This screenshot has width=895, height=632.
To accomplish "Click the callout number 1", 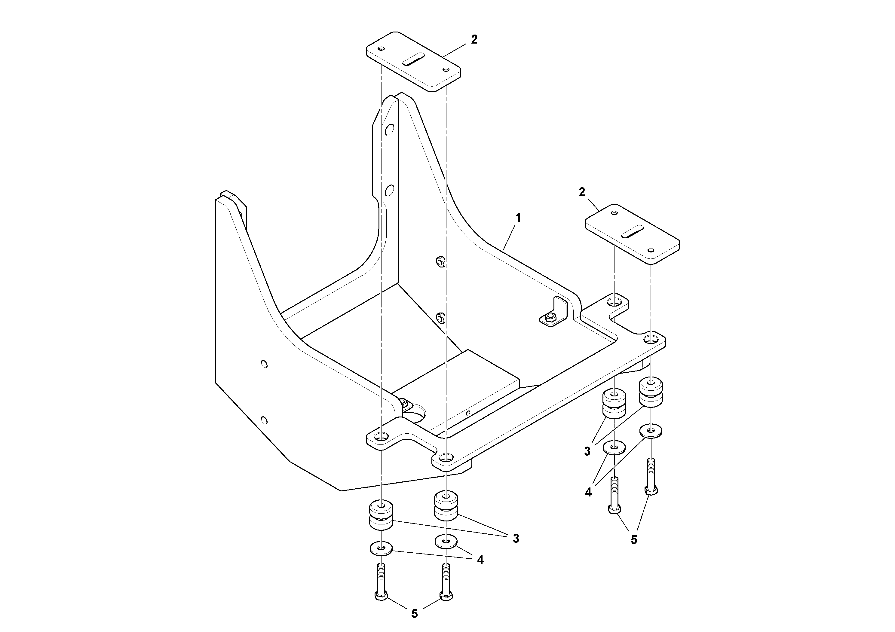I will [518, 218].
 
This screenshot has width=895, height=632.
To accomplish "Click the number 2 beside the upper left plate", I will [474, 39].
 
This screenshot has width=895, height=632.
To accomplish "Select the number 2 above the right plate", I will [582, 192].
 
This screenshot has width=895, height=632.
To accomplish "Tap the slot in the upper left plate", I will [413, 59].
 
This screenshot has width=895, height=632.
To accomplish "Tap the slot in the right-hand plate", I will [632, 231].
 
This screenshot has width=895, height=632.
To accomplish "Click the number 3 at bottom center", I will [516, 539].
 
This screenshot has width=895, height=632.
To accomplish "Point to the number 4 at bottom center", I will [480, 560].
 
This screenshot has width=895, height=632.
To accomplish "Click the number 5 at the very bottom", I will [414, 614].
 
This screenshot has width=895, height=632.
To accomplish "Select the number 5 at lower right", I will [634, 540].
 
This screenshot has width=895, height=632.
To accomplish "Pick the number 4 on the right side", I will [588, 493].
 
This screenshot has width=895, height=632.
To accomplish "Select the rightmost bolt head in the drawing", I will [651, 490].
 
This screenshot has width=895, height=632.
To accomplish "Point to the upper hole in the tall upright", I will [389, 129].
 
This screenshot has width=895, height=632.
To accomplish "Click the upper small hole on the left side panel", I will [264, 364].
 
